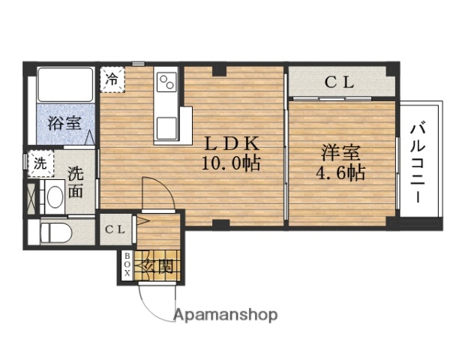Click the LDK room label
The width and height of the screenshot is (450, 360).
click(x=229, y=143)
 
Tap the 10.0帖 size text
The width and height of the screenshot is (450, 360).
click(x=229, y=163)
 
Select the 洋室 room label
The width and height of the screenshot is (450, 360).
click(x=340, y=153)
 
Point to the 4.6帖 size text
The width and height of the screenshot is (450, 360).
click(x=340, y=173)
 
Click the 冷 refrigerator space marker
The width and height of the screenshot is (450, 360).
click(x=112, y=78)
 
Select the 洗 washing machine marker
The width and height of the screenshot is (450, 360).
click(x=37, y=162)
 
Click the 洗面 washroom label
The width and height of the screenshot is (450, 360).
click(x=76, y=180)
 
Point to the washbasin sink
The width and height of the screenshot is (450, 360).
click(x=54, y=197)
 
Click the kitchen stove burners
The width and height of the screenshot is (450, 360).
click(x=166, y=80)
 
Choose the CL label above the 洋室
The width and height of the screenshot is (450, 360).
click(x=339, y=83)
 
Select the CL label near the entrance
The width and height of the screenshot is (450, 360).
click(x=115, y=229)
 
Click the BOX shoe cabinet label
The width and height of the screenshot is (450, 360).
click(x=127, y=265)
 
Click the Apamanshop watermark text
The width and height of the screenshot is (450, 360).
click(x=226, y=315)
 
